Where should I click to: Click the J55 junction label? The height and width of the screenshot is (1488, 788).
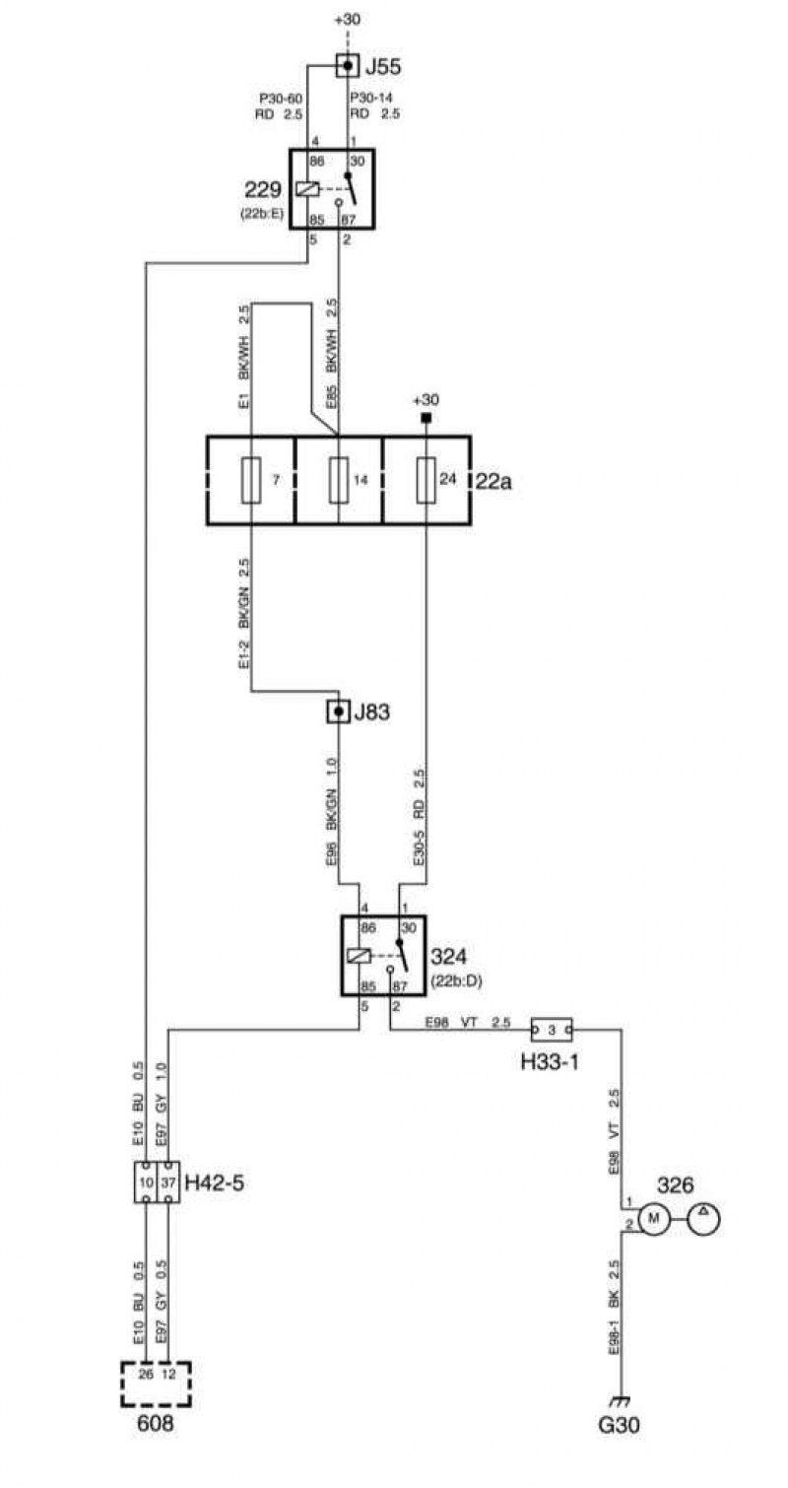[x=384, y=66]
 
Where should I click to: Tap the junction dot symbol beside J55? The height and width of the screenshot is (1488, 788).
[x=347, y=65]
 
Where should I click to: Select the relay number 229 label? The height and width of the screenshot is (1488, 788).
[x=263, y=190]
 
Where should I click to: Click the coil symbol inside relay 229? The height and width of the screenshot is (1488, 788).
[x=307, y=189]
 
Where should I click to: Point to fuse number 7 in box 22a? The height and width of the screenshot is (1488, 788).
[x=251, y=480]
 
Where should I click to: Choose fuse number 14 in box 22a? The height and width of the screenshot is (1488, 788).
[x=339, y=480]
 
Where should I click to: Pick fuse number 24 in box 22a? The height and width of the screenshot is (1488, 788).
[x=426, y=480]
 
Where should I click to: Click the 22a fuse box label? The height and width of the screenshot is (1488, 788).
[x=493, y=481]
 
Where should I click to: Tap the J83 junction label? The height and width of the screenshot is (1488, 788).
[x=371, y=712]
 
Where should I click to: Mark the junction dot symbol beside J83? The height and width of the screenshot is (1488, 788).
[x=339, y=712]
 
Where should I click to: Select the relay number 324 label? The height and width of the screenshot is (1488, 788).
[x=449, y=957]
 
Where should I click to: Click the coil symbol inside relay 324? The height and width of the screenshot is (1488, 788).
[x=359, y=956]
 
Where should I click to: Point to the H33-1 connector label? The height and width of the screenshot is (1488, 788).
[x=549, y=1061]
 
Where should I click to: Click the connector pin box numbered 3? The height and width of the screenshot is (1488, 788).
[x=551, y=1031]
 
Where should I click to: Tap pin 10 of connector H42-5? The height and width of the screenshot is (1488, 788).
[x=146, y=1183]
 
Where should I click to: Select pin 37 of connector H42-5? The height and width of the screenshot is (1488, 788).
[x=168, y=1183]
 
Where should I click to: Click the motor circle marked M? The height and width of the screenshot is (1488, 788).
[x=654, y=1218]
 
